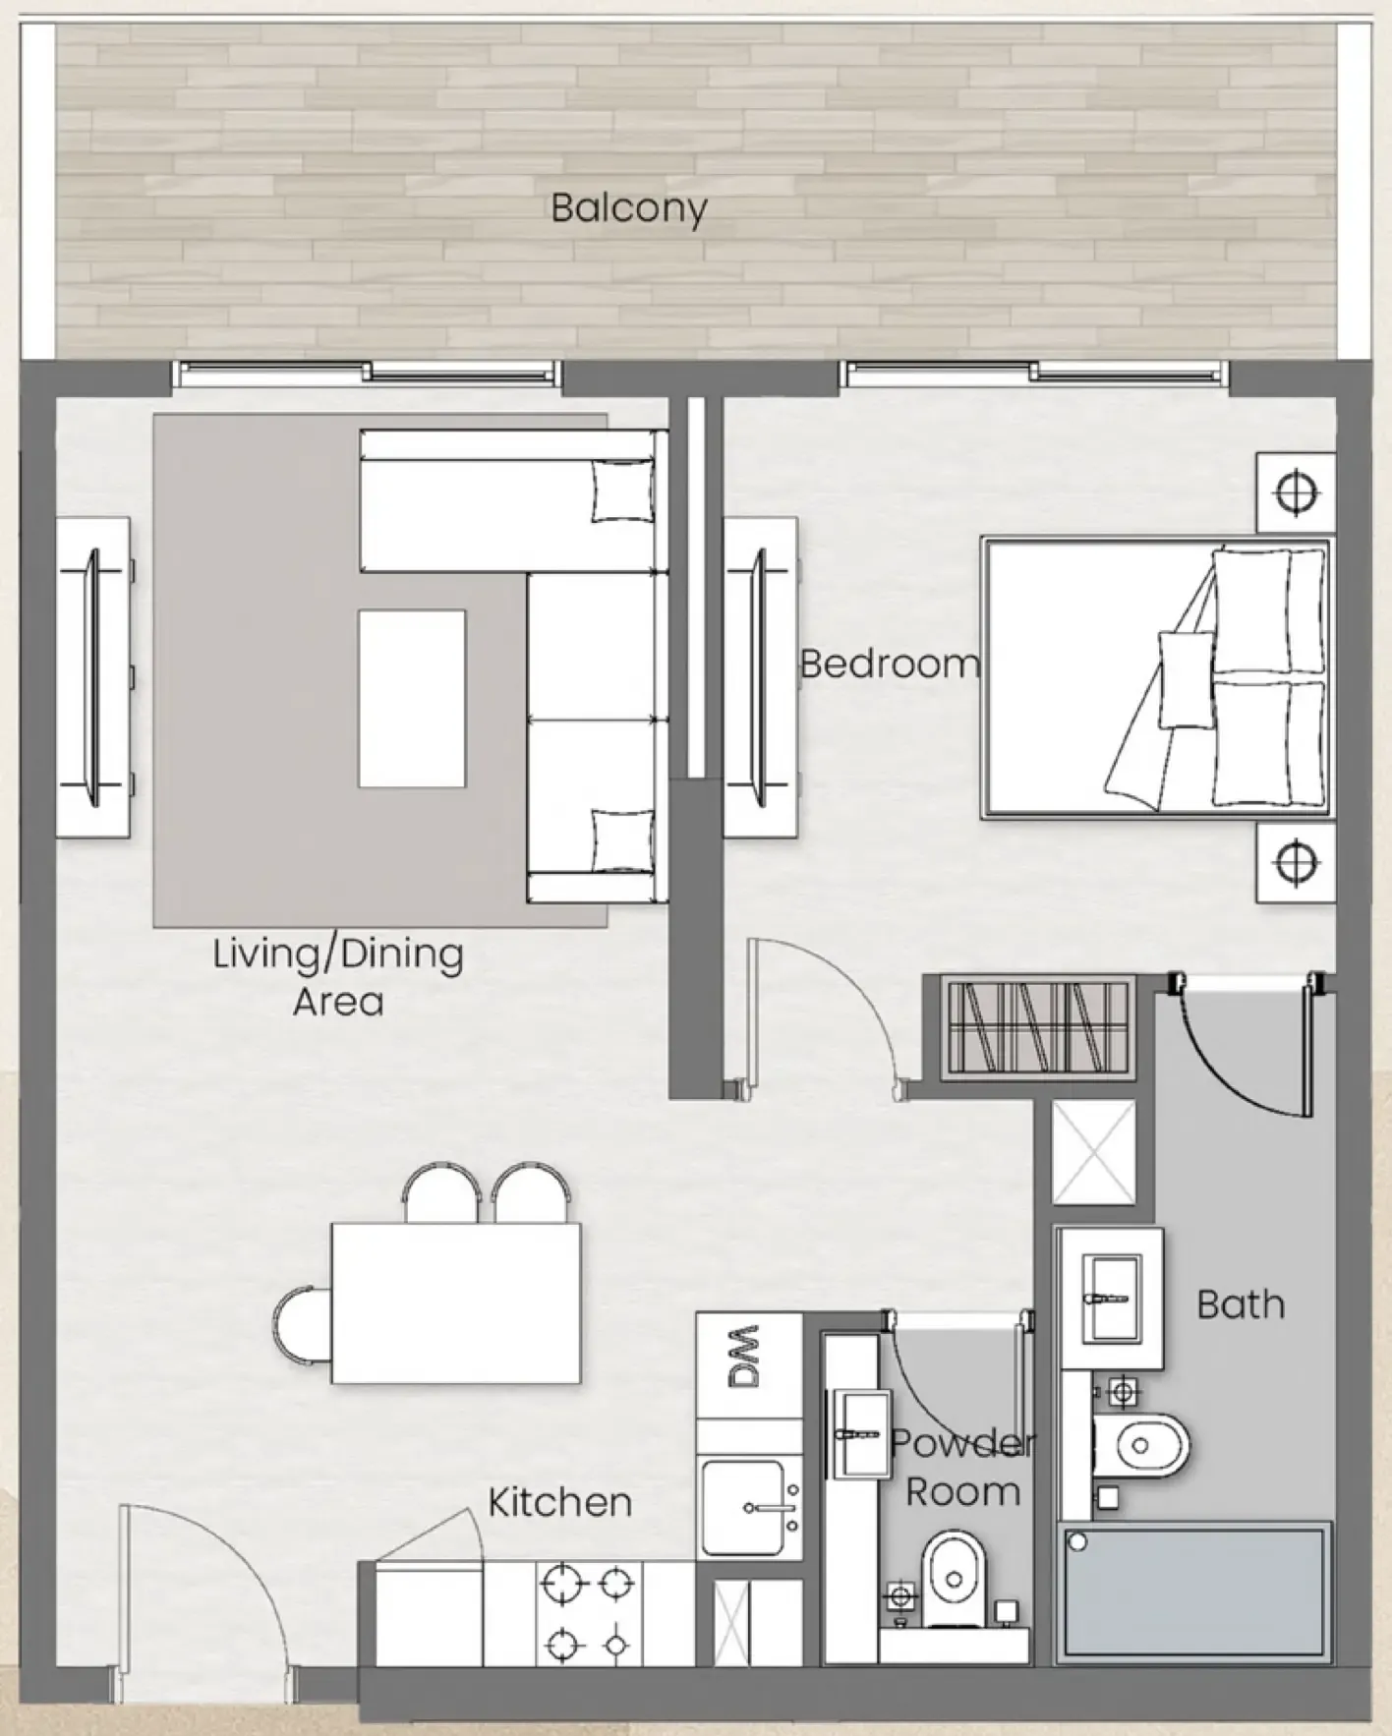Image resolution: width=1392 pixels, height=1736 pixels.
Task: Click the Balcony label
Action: (x=628, y=208)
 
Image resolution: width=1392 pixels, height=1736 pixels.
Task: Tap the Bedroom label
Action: (x=889, y=665)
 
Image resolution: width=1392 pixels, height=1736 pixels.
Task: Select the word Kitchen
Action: (x=559, y=1502)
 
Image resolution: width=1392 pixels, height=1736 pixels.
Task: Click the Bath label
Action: (x=1241, y=1304)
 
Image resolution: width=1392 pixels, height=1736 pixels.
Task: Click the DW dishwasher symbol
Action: (x=748, y=1358)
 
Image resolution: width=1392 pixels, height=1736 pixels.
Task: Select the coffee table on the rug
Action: (x=411, y=698)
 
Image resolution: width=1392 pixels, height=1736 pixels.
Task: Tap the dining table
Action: (x=455, y=1302)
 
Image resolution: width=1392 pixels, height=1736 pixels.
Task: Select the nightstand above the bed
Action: (x=1295, y=492)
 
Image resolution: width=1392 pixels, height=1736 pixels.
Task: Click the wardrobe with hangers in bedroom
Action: (x=1037, y=1026)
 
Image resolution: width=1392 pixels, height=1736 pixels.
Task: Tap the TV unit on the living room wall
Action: (x=93, y=678)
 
